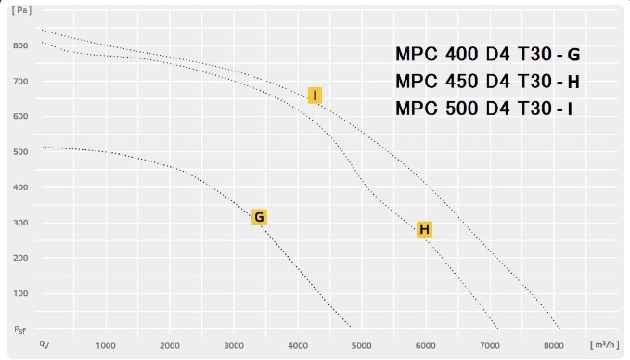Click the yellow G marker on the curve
click(259, 217)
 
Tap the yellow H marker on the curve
click(424, 229)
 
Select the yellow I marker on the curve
click(315, 96)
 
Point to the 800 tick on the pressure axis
click(20, 45)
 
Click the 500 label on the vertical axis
click(20, 152)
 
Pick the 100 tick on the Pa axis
click(20, 293)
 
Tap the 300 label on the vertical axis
click(20, 223)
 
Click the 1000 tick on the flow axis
click(106, 345)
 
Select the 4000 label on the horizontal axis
click(298, 345)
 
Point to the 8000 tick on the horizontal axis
click(554, 345)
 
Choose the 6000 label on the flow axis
click(426, 345)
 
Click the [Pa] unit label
click(21, 10)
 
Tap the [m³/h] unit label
click(605, 345)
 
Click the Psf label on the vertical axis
click(20, 330)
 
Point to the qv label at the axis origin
click(45, 345)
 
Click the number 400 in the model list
click(461, 54)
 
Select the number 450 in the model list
click(461, 81)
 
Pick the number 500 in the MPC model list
click(461, 109)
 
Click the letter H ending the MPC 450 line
click(573, 83)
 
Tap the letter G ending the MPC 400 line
click(573, 55)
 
